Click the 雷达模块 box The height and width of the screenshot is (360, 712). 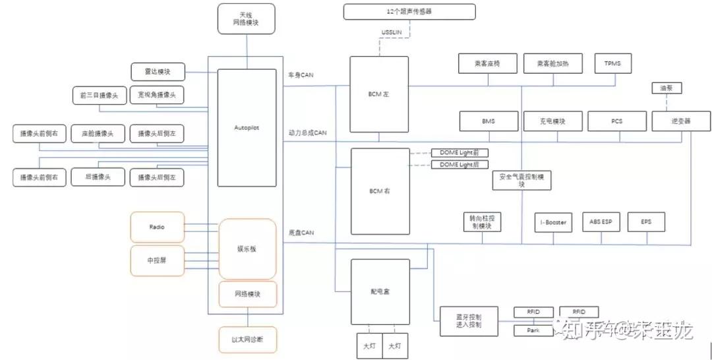pyautogui.click(x=158, y=71)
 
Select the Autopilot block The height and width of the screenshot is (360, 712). pyautogui.click(x=247, y=127)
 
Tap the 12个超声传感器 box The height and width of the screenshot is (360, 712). pyautogui.click(x=409, y=12)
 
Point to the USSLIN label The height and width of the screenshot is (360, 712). pyautogui.click(x=392, y=32)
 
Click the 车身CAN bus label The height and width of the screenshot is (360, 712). pyautogui.click(x=301, y=75)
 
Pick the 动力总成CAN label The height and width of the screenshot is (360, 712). pyautogui.click(x=307, y=133)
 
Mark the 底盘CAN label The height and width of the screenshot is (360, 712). pyautogui.click(x=301, y=233)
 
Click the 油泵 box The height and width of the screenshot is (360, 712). pyautogui.click(x=666, y=88)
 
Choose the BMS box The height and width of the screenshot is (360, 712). pyautogui.click(x=488, y=121)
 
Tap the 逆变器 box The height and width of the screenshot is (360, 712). pyautogui.click(x=681, y=121)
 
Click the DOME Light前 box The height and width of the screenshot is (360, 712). pyautogui.click(x=460, y=152)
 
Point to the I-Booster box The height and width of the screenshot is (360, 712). pyautogui.click(x=552, y=222)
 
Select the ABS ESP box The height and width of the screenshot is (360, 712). pyautogui.click(x=601, y=222)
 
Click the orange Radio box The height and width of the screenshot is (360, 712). pyautogui.click(x=157, y=227)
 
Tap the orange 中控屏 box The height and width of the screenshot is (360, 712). pyautogui.click(x=157, y=260)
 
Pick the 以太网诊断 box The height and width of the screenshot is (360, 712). pyautogui.click(x=247, y=340)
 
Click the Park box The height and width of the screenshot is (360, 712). pyautogui.click(x=533, y=330)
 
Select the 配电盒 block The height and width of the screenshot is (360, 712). pyautogui.click(x=380, y=291)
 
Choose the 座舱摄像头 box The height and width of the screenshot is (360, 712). pyautogui.click(x=98, y=134)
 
